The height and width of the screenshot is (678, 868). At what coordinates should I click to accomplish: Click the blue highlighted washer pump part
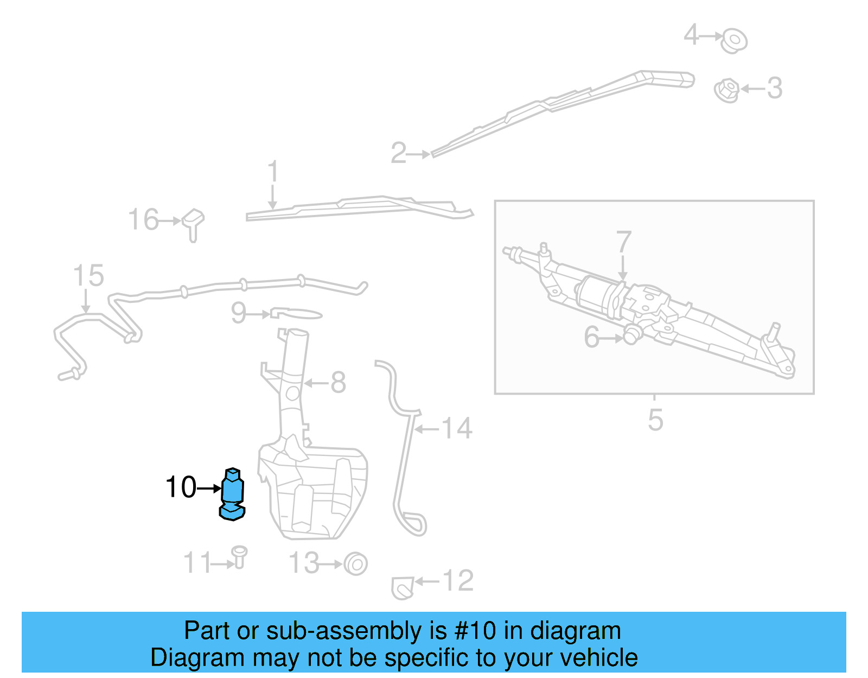(x=233, y=493)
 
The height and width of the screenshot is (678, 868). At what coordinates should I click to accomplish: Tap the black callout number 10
(x=181, y=487)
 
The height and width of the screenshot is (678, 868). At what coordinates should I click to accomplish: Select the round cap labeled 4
(x=734, y=40)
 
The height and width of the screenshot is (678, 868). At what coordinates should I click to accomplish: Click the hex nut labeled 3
(x=726, y=90)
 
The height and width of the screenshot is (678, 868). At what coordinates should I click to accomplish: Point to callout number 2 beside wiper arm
(x=398, y=153)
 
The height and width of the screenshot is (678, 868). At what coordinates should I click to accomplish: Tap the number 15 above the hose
(x=88, y=276)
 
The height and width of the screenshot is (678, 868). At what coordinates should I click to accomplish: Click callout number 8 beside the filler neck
(x=338, y=383)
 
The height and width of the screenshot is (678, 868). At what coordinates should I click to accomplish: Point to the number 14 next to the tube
(x=457, y=429)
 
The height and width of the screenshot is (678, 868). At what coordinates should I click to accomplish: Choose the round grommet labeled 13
(x=356, y=563)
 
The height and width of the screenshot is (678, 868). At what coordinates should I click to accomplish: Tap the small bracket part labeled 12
(x=402, y=588)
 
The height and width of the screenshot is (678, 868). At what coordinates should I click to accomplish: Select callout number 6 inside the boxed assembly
(x=591, y=337)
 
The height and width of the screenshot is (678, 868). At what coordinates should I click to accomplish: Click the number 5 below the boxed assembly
(x=655, y=420)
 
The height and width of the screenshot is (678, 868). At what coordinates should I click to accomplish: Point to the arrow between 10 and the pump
(x=209, y=489)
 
